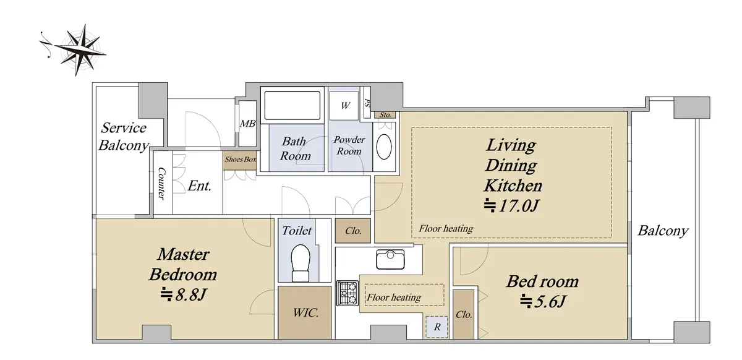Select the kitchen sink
pyautogui.click(x=391, y=259)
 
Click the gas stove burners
pyautogui.click(x=348, y=293)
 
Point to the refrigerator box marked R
pyautogui.click(x=437, y=327)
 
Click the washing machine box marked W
pyautogui.click(x=344, y=105)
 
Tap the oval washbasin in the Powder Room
pyautogui.click(x=384, y=147)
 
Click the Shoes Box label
pyautogui.click(x=241, y=160)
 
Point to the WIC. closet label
pyautogui.click(x=305, y=312)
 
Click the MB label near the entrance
pyautogui.click(x=247, y=124)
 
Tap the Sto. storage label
pyautogui.click(x=385, y=114)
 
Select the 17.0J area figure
pyautogui.click(x=511, y=206)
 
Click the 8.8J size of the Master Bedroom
pyautogui.click(x=184, y=294)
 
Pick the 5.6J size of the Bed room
pyautogui.click(x=543, y=301)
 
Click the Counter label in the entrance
pyautogui.click(x=161, y=183)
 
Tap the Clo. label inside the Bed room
pyautogui.click(x=464, y=315)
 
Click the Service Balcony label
pyautogui.click(x=123, y=137)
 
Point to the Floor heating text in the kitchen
pyautogui.click(x=394, y=298)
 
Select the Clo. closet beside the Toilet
pyautogui.click(x=353, y=231)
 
